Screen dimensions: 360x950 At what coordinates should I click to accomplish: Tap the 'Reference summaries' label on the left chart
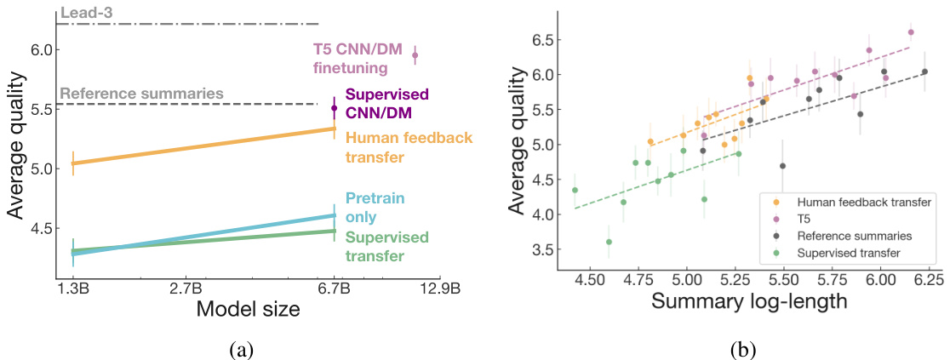141,94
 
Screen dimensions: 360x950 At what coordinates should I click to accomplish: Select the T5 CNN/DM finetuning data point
415,55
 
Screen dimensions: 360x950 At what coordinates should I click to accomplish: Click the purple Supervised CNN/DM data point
335,108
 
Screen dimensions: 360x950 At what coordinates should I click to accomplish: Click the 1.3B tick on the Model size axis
73,289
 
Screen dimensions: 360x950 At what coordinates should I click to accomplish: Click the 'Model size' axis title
248,310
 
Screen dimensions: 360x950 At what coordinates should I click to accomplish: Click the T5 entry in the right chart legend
805,217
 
